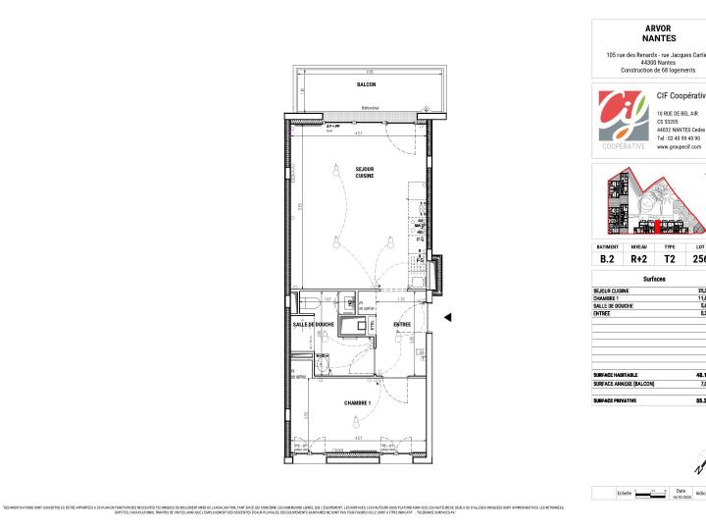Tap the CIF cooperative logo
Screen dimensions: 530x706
(622, 117)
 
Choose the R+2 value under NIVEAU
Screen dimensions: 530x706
(638, 259)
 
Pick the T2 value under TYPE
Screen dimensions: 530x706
(670, 259)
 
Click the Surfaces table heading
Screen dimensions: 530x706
(654, 280)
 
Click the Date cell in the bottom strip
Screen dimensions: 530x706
(681, 494)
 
